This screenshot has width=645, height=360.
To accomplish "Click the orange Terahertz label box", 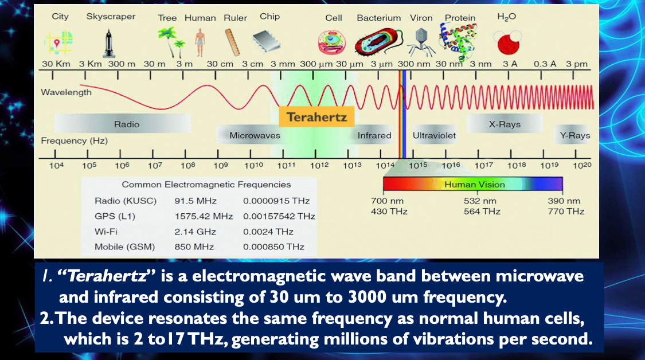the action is coord(316,117).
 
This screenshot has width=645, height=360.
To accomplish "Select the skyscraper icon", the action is coord(108,43).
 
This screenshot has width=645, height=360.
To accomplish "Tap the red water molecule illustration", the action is coord(507,43).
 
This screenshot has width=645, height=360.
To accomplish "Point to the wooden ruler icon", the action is coord(232,42).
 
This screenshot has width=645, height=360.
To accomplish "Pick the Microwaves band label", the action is coord(255,135).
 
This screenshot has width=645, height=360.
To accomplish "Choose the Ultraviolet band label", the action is coord(434,135).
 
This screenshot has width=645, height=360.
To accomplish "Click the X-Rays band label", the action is coord(505,124).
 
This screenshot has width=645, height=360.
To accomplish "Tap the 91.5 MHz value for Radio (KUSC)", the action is coord(196,201).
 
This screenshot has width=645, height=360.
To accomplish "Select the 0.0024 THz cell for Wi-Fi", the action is coord(268,232).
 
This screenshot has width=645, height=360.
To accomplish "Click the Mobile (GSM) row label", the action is coord(124,247).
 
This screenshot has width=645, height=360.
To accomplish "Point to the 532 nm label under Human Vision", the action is coord(480,201).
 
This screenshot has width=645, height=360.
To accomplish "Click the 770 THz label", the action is coord(566,212).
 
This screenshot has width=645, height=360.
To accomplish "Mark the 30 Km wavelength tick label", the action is coord(56,64).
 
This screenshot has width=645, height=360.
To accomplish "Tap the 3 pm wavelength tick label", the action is coord(577,64).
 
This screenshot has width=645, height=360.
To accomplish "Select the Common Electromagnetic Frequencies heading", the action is coord(206,185).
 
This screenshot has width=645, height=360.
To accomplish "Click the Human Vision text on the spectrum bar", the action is coord(474,185).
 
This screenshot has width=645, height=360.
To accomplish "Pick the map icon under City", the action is coord(58,43).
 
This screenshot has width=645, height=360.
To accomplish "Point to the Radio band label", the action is coord(127,124).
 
